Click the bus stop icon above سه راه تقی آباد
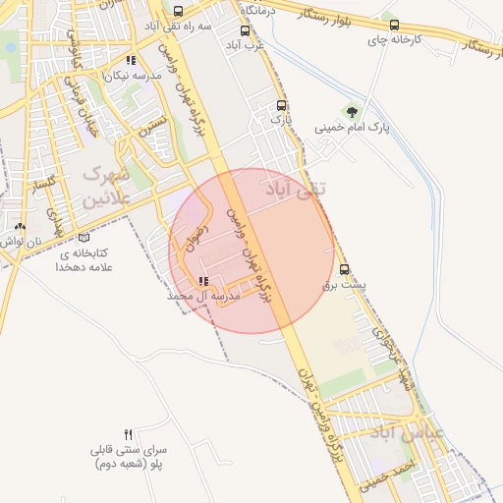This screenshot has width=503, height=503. click(x=177, y=11)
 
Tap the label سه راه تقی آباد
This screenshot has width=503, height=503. click(x=177, y=27)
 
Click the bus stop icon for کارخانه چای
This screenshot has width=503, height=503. click(x=394, y=26)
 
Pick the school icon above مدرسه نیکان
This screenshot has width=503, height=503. click(x=131, y=61)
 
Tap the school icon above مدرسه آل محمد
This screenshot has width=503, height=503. click(x=203, y=281)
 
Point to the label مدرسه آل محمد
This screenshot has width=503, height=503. click(x=204, y=296)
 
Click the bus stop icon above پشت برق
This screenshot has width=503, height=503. click(x=344, y=269)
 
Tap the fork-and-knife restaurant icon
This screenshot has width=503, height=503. click(x=128, y=434)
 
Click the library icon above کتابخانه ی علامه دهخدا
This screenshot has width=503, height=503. click(x=83, y=237)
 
